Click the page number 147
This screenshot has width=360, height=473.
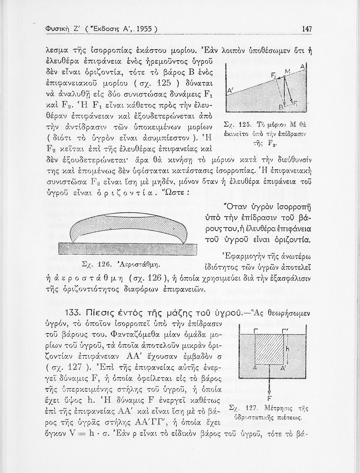click(x=307, y=29)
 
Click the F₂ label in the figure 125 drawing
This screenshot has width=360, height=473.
click(x=274, y=75)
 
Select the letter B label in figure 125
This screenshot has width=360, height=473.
click(x=280, y=106)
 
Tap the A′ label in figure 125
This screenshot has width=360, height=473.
click(x=230, y=91)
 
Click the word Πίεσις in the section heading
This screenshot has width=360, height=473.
click(x=101, y=314)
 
